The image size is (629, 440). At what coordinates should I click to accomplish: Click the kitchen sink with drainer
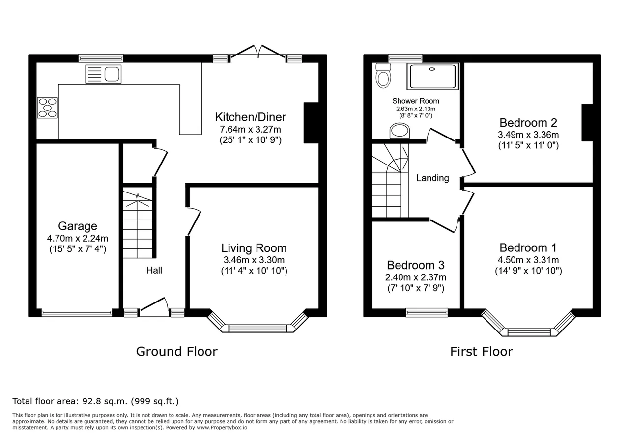103,74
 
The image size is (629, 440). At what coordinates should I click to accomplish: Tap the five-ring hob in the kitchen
47,108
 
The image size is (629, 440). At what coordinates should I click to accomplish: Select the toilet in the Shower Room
383,75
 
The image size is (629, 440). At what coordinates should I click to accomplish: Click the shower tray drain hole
432,69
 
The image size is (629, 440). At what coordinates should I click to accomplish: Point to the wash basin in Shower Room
400,131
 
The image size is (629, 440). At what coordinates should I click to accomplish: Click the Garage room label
78,226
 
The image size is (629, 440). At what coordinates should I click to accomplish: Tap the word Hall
154,270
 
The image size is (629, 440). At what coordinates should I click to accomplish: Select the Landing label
432,178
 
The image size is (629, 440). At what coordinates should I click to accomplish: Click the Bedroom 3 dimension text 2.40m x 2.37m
416,277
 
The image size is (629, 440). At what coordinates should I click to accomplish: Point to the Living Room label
254,248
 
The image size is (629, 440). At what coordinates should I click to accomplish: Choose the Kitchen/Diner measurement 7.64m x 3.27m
250,129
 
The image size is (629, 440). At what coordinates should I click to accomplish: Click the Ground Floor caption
177,351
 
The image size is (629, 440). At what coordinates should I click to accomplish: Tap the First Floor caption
482,351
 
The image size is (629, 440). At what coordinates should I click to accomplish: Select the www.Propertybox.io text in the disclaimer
222,428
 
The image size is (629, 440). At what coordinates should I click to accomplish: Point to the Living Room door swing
194,221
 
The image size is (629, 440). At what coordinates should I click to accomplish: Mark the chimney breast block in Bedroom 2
587,123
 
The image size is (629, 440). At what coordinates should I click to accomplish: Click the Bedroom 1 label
528,248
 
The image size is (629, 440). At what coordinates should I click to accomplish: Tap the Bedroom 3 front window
427,313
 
